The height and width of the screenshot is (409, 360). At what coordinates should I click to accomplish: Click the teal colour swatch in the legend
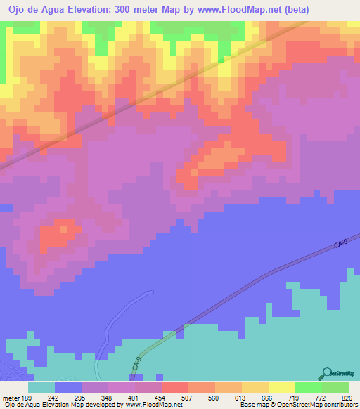click(x=41, y=387)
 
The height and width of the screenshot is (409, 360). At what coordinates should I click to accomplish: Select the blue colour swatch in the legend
click(x=68, y=387)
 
